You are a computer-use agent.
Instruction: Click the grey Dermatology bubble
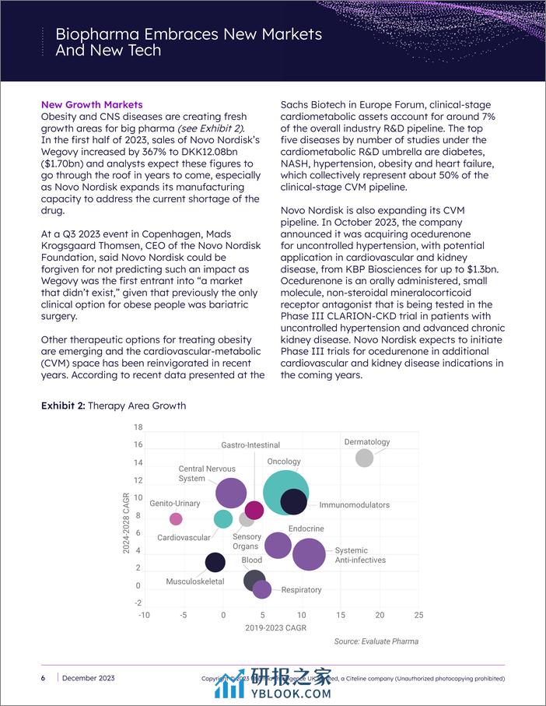364,458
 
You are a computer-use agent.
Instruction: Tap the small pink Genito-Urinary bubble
176,519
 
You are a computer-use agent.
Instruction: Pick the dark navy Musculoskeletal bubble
215,562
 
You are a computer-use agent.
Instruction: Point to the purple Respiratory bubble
262,589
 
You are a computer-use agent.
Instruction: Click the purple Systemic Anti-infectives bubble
309,554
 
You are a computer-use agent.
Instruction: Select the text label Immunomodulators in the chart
354,505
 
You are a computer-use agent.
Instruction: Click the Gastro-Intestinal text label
250,445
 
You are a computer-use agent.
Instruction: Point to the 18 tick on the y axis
138,427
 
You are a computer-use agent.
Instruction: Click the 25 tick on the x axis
418,615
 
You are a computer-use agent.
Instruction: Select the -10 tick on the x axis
144,615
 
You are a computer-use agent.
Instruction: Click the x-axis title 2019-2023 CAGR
276,627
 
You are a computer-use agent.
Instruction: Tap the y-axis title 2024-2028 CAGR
126,522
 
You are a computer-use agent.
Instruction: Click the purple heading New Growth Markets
92,105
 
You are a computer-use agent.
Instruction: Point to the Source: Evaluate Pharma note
376,641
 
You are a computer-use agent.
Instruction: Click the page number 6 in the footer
43,679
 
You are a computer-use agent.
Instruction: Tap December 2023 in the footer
90,679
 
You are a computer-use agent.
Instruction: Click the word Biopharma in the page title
97,35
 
